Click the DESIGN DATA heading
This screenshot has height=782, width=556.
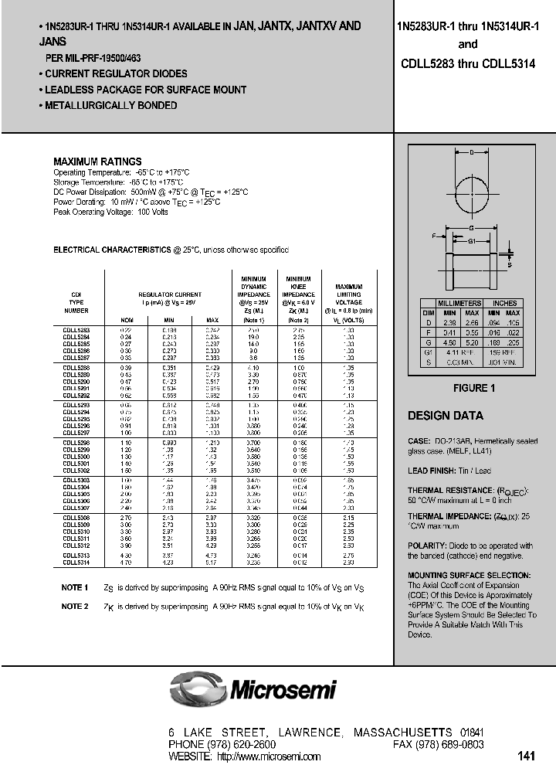446,416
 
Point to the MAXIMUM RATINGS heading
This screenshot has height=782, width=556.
97,161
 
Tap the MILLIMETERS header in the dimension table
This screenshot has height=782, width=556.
459,303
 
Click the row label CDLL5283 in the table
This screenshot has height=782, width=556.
76,330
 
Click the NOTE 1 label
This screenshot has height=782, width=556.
75,588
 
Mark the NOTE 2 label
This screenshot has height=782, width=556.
75,607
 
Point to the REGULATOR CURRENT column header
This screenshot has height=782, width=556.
170,294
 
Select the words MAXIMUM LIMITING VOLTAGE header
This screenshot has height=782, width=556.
348,294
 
